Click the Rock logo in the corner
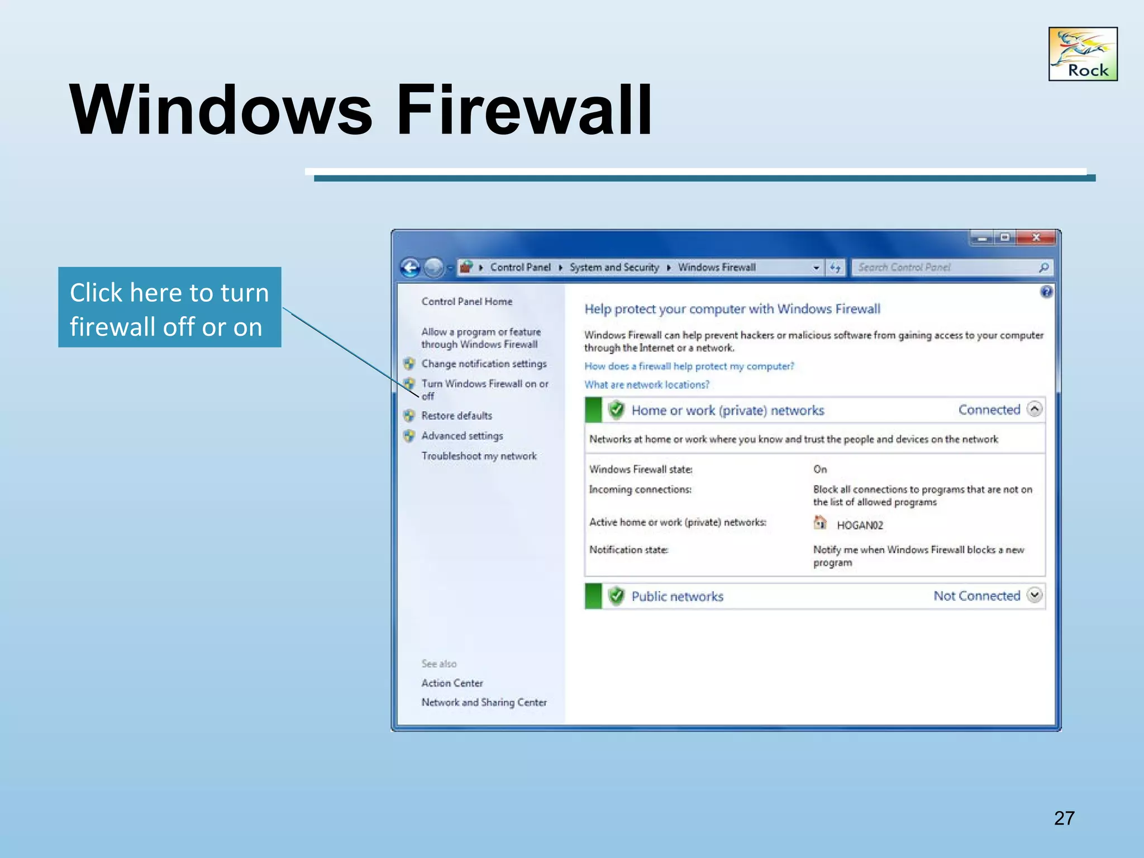tap(1083, 54)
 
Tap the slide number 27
tap(1064, 818)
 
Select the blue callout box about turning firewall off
tap(169, 308)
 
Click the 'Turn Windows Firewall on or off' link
tap(484, 384)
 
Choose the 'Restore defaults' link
tap(456, 416)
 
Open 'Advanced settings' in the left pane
tap(462, 436)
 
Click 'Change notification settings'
tap(484, 364)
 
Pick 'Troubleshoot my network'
tap(479, 456)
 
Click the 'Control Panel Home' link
tap(466, 302)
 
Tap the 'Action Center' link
tap(452, 683)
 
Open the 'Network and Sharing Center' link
tap(484, 703)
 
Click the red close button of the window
tap(1036, 238)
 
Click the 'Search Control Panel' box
tap(944, 268)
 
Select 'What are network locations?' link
tap(646, 385)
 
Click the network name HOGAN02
tap(860, 525)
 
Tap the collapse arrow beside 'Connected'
tap(1035, 409)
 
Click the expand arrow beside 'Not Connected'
tap(1035, 595)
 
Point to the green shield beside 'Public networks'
tap(616, 596)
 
